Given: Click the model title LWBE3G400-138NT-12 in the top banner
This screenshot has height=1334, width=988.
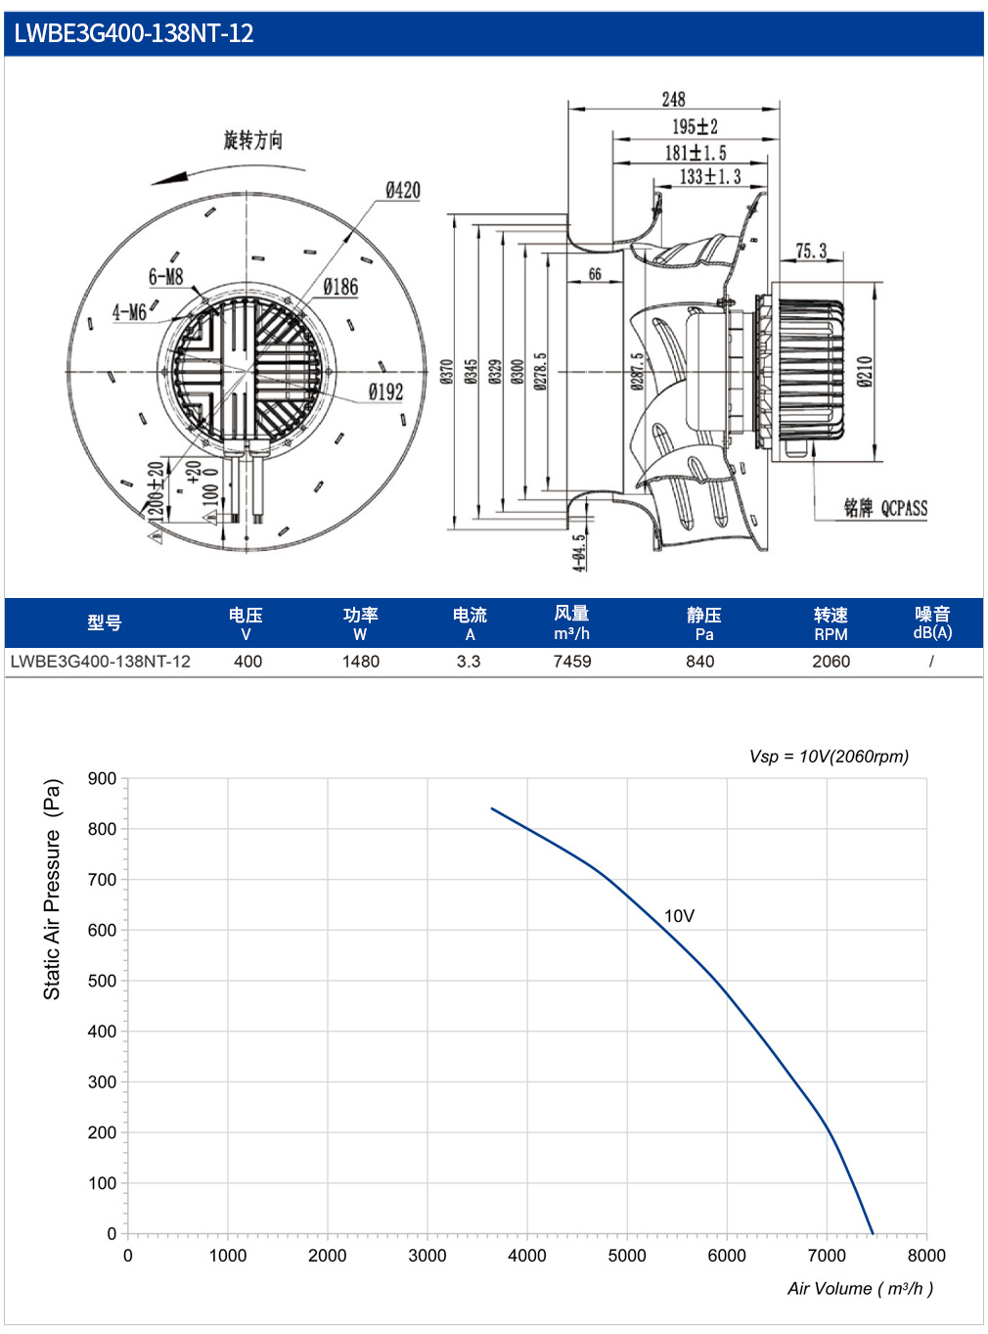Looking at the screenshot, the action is pyautogui.click(x=133, y=33).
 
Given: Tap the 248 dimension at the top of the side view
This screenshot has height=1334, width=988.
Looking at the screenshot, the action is pyautogui.click(x=673, y=99).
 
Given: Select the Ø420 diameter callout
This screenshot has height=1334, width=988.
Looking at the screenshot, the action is pyautogui.click(x=402, y=191).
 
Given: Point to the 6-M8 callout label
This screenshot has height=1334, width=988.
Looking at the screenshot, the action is pyautogui.click(x=166, y=277).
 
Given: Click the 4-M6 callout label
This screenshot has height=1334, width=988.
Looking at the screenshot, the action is pyautogui.click(x=129, y=312).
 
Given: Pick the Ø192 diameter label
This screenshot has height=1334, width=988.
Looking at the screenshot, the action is pyautogui.click(x=385, y=392).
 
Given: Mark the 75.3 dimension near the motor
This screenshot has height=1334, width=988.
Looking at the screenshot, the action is pyautogui.click(x=811, y=251).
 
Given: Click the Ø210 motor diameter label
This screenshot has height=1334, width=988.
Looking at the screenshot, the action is pyautogui.click(x=865, y=371).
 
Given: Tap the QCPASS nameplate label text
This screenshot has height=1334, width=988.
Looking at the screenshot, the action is pyautogui.click(x=905, y=508).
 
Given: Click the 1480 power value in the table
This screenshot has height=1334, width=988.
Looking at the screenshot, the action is pyautogui.click(x=361, y=662).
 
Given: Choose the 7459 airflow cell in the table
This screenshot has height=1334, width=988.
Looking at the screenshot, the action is pyautogui.click(x=572, y=662).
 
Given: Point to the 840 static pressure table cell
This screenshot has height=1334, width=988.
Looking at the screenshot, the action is pyautogui.click(x=700, y=662).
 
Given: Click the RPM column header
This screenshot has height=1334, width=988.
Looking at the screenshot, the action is pyautogui.click(x=831, y=634).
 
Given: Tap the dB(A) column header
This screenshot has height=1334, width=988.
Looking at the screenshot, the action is pyautogui.click(x=932, y=632).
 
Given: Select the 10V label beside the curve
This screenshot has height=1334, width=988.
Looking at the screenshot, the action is pyautogui.click(x=679, y=916).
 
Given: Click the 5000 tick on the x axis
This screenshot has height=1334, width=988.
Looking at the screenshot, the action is pyautogui.click(x=627, y=1256).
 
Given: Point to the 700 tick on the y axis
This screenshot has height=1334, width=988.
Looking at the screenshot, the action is pyautogui.click(x=103, y=879).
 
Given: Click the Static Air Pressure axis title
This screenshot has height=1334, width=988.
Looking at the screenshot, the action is pyautogui.click(x=52, y=890).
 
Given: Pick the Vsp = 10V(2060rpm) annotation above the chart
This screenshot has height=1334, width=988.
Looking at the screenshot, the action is pyautogui.click(x=829, y=756).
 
